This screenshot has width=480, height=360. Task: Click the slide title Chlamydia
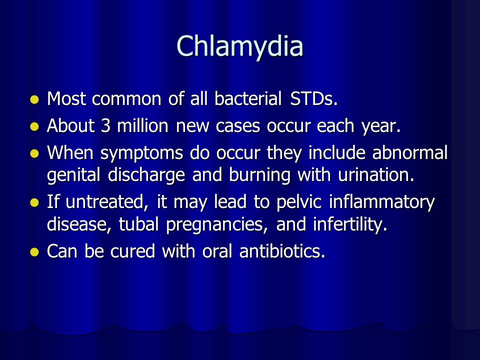click(x=240, y=46)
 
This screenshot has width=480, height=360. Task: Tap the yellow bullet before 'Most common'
click(x=34, y=100)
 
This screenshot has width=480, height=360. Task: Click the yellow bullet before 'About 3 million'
click(x=34, y=126)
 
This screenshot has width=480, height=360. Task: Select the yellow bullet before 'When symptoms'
click(x=34, y=153)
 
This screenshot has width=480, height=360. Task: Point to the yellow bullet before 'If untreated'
click(x=34, y=202)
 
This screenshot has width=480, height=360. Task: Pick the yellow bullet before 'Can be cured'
click(x=34, y=252)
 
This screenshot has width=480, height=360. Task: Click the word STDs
click(x=314, y=98)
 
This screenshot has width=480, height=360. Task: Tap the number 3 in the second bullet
click(x=105, y=125)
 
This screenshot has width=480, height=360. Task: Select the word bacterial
click(x=248, y=98)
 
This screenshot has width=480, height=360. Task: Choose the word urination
click(x=376, y=175)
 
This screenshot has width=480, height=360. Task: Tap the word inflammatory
click(x=381, y=202)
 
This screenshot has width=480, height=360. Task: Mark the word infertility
click(x=350, y=225)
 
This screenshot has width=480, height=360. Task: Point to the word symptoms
click(x=141, y=153)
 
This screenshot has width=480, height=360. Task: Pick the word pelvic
click(x=299, y=202)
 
